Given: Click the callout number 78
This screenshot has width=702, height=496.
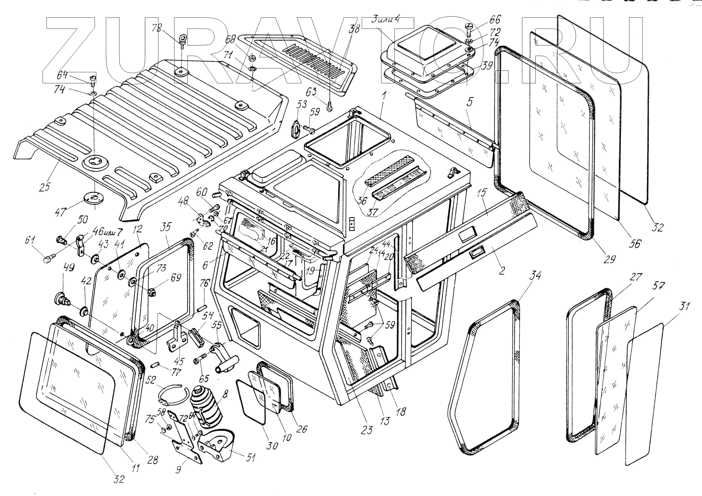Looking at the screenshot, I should click(x=157, y=28).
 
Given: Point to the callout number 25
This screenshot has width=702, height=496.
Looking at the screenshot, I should click(x=45, y=186).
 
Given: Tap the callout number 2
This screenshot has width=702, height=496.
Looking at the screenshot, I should click(x=502, y=270).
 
